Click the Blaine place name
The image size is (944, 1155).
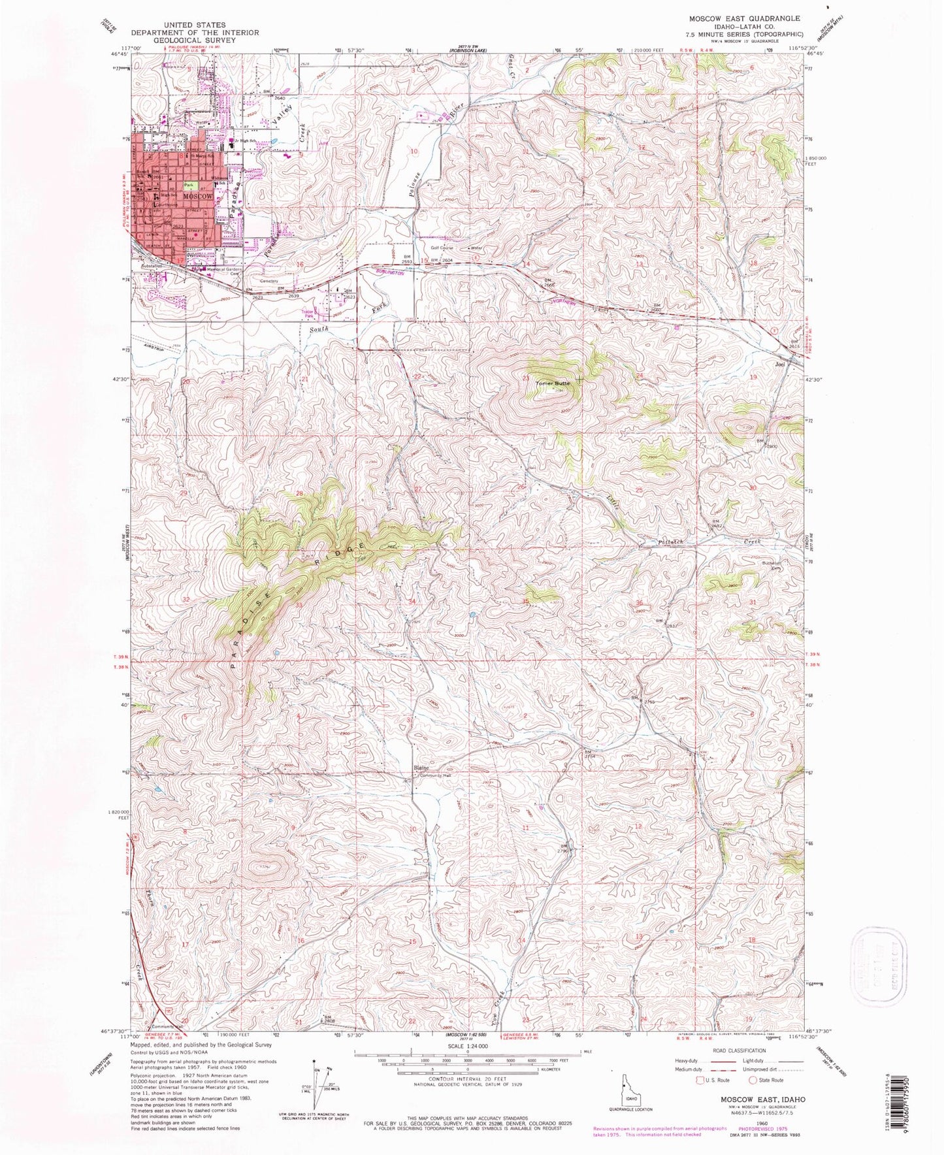click(420, 768)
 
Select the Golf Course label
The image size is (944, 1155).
click(442, 248)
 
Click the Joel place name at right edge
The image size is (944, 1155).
click(779, 364)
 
